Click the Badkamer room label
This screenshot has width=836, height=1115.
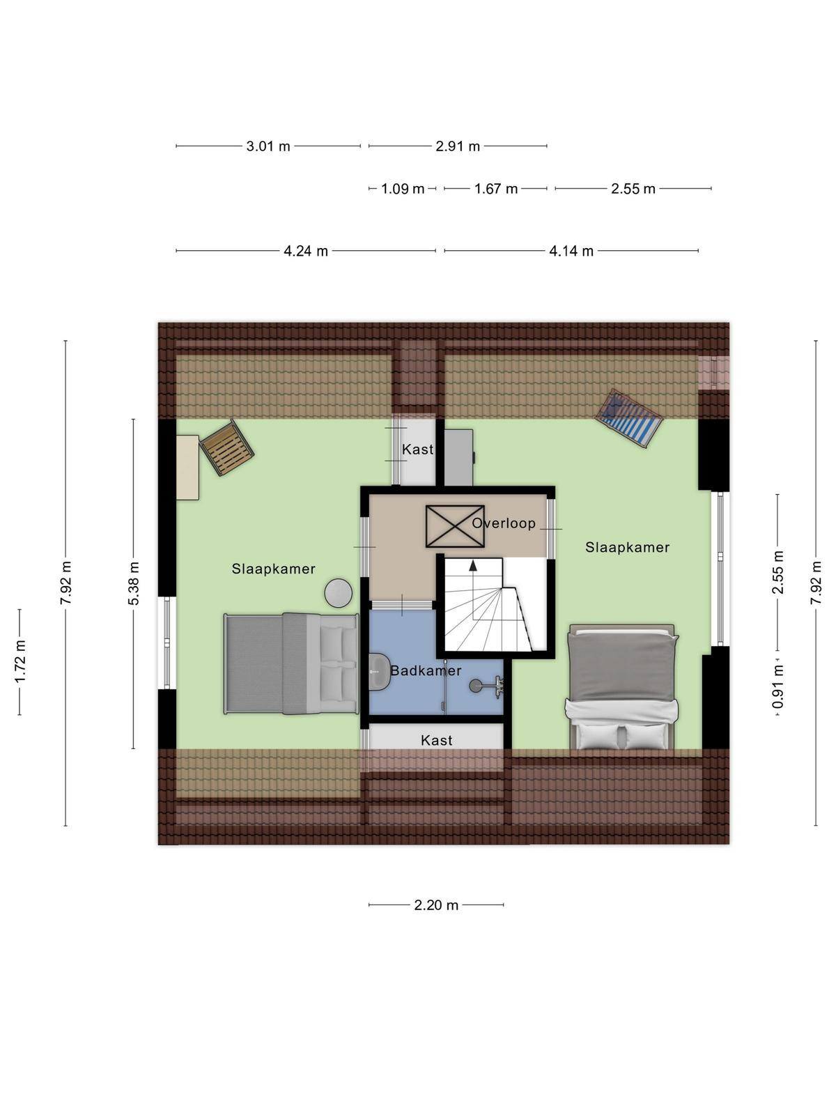(426, 670)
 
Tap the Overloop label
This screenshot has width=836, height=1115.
(504, 523)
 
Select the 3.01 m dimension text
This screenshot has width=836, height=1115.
(268, 146)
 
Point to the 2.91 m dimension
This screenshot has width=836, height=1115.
(457, 146)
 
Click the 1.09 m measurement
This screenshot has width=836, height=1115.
(403, 189)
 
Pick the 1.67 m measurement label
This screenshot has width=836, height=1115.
(496, 189)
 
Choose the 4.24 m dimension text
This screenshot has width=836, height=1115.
(306, 251)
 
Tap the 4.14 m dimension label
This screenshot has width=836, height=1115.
(571, 251)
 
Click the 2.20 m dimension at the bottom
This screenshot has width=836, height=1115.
(436, 905)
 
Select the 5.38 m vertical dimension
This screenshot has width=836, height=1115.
(134, 584)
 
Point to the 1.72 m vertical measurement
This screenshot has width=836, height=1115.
(20, 662)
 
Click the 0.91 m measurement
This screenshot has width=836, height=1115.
(777, 687)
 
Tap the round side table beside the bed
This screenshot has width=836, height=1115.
(339, 593)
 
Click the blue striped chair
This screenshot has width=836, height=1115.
(629, 418)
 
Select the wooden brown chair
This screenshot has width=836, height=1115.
(226, 447)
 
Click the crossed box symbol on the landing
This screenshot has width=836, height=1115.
(455, 526)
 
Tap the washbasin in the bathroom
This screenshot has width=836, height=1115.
(378, 672)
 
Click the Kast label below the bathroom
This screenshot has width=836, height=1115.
(437, 741)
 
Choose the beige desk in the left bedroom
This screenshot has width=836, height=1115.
(187, 468)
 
